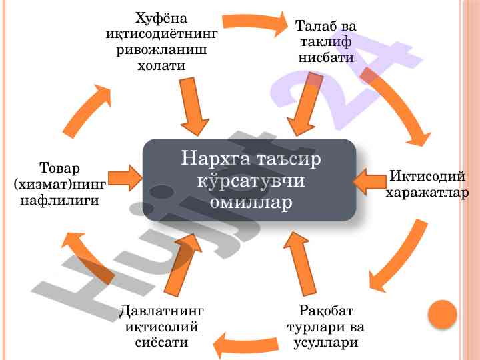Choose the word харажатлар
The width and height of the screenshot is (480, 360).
tap(427, 193)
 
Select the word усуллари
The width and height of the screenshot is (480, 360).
tap(326, 343)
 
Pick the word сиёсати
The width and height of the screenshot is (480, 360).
tap(161, 342)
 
